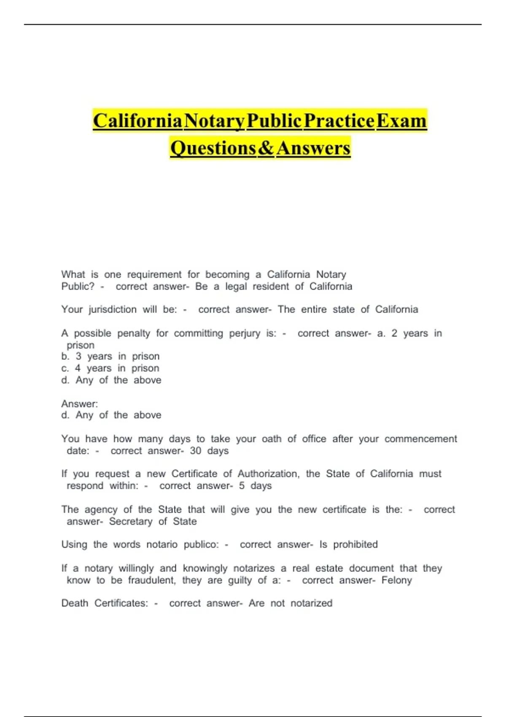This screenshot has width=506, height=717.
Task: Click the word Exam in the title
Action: tap(401, 121)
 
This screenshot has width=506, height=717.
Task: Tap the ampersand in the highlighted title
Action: tap(266, 148)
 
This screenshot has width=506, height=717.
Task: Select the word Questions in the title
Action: tap(213, 148)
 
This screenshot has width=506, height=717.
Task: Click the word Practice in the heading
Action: tap(339, 121)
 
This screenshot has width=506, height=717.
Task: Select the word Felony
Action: tap(396, 580)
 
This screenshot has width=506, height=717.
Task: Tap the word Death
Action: tap(75, 604)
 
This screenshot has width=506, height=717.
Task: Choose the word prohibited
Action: tap(355, 544)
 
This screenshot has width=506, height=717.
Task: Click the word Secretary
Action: tap(131, 521)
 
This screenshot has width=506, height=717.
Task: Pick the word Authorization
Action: tap(268, 474)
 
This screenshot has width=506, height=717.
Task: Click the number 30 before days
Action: tap(195, 451)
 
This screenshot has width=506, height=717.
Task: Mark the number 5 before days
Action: tap(242, 486)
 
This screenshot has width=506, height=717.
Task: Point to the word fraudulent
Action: tap(152, 580)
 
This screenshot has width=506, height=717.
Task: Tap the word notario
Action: tap(162, 544)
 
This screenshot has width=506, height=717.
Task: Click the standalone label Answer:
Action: tap(79, 404)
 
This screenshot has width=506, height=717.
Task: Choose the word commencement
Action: tap(420, 439)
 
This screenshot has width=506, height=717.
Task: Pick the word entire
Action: tap(314, 310)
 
